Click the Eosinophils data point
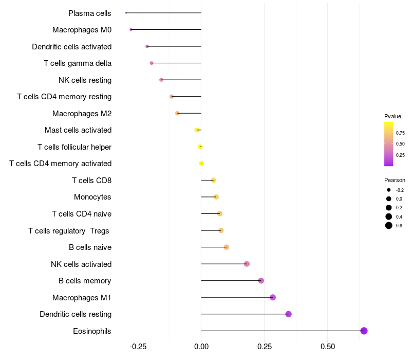point(364,331)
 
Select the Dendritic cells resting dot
point(288,314)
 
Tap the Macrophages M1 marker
point(273,297)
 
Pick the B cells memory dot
point(261,280)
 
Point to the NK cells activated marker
point(247,264)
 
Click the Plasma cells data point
point(126,13)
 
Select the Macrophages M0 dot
point(131,30)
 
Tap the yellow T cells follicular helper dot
point(200,147)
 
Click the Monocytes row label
point(92,197)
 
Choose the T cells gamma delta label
point(78,63)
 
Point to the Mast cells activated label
point(78,130)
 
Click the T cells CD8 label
point(91,181)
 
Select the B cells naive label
point(90,247)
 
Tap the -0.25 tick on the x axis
point(138,347)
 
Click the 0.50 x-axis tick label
point(327,347)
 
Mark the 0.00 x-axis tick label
point(201,347)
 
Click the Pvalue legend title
point(393,116)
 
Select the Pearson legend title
point(395,180)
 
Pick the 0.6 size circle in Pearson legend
point(389,225)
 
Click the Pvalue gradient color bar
point(389,144)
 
